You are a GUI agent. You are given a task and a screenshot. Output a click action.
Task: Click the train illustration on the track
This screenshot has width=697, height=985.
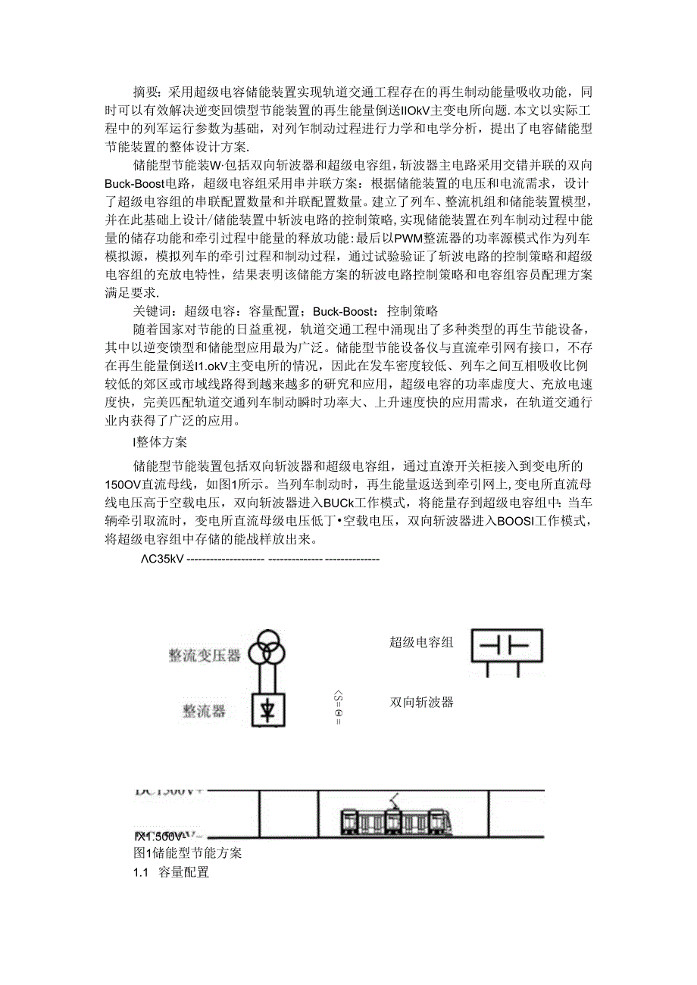tap(396, 819)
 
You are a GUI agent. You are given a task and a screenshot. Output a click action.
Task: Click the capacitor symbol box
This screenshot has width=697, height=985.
tap(507, 646)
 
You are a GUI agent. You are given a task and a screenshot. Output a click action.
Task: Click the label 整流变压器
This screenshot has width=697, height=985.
tap(205, 654)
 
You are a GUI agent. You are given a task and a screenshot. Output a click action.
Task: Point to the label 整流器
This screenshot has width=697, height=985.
tap(204, 712)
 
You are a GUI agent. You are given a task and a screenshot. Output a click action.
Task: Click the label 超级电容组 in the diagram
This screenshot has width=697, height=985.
tap(421, 643)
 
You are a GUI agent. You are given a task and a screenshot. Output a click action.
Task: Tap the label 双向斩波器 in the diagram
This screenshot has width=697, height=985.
tap(421, 702)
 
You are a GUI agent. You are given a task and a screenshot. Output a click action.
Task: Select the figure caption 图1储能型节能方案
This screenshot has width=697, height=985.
tap(187, 853)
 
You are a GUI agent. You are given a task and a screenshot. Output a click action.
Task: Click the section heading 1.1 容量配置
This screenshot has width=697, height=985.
tap(171, 872)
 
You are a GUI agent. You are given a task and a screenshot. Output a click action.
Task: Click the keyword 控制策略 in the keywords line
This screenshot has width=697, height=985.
tap(412, 311)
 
